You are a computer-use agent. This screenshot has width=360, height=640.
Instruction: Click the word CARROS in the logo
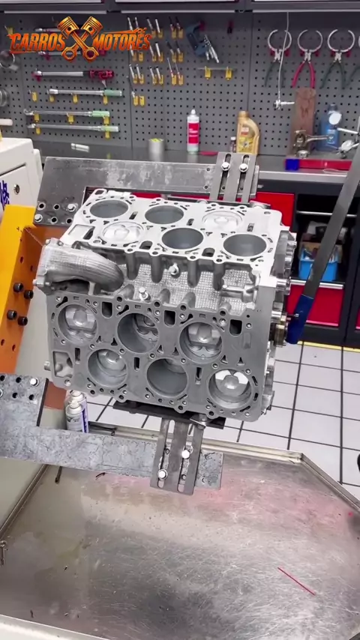coord(36,42)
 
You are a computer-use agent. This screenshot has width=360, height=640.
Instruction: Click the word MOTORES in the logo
coord(121,42)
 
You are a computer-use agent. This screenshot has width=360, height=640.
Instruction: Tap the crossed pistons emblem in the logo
coord(79,38)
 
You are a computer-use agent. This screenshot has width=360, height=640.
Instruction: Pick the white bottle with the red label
coord(193,131)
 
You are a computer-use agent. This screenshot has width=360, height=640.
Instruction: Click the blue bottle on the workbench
coord(330,127)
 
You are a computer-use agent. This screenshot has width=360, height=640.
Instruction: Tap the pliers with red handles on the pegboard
coord(308,58)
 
